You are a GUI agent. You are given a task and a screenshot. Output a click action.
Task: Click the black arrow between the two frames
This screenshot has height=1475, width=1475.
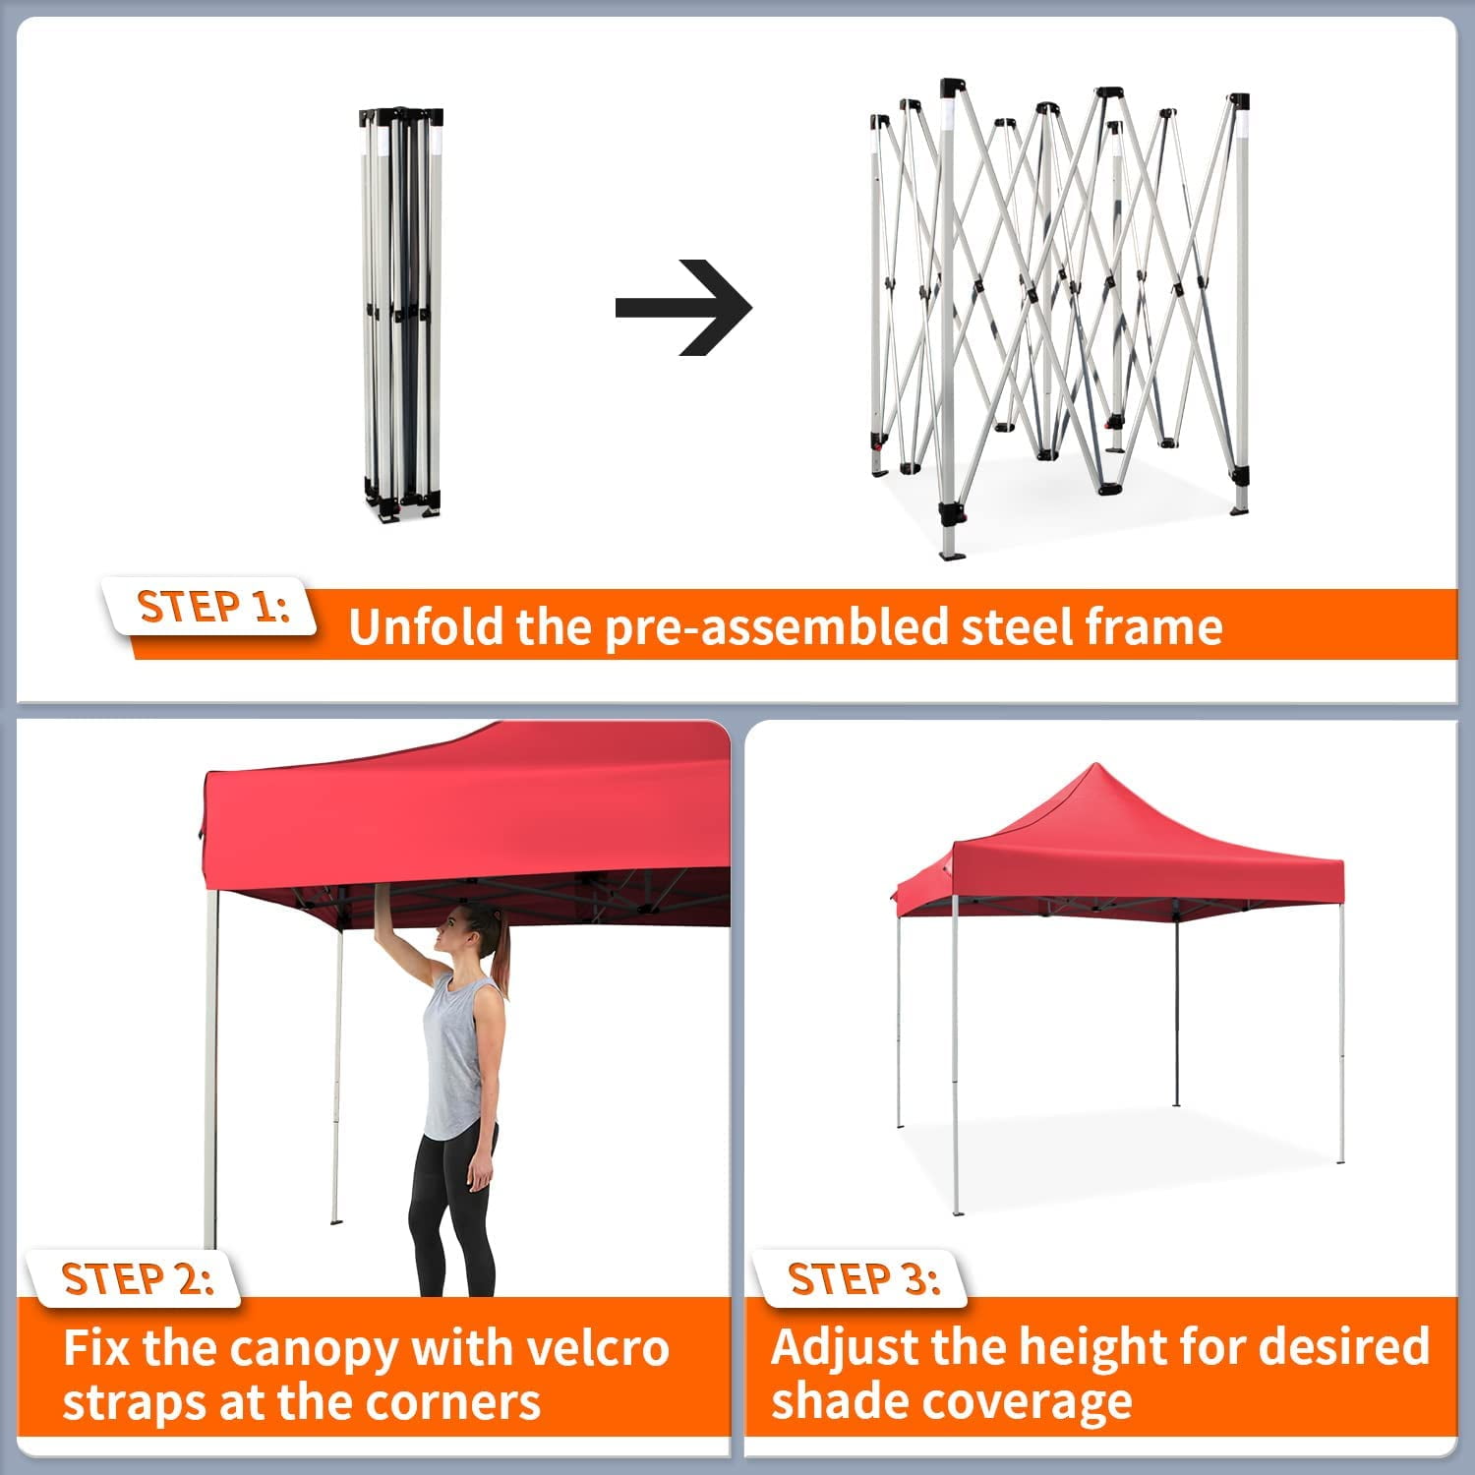tap(684, 308)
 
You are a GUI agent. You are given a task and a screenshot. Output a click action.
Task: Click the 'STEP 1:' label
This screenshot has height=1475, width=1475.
tap(214, 607)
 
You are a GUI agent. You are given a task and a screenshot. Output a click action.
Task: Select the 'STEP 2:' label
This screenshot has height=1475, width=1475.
tap(138, 1278)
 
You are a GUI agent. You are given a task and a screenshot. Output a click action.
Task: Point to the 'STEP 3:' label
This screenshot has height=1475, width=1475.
tap(864, 1278)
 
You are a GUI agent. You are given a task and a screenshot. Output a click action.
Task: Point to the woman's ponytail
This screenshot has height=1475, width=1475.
tap(501, 959)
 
